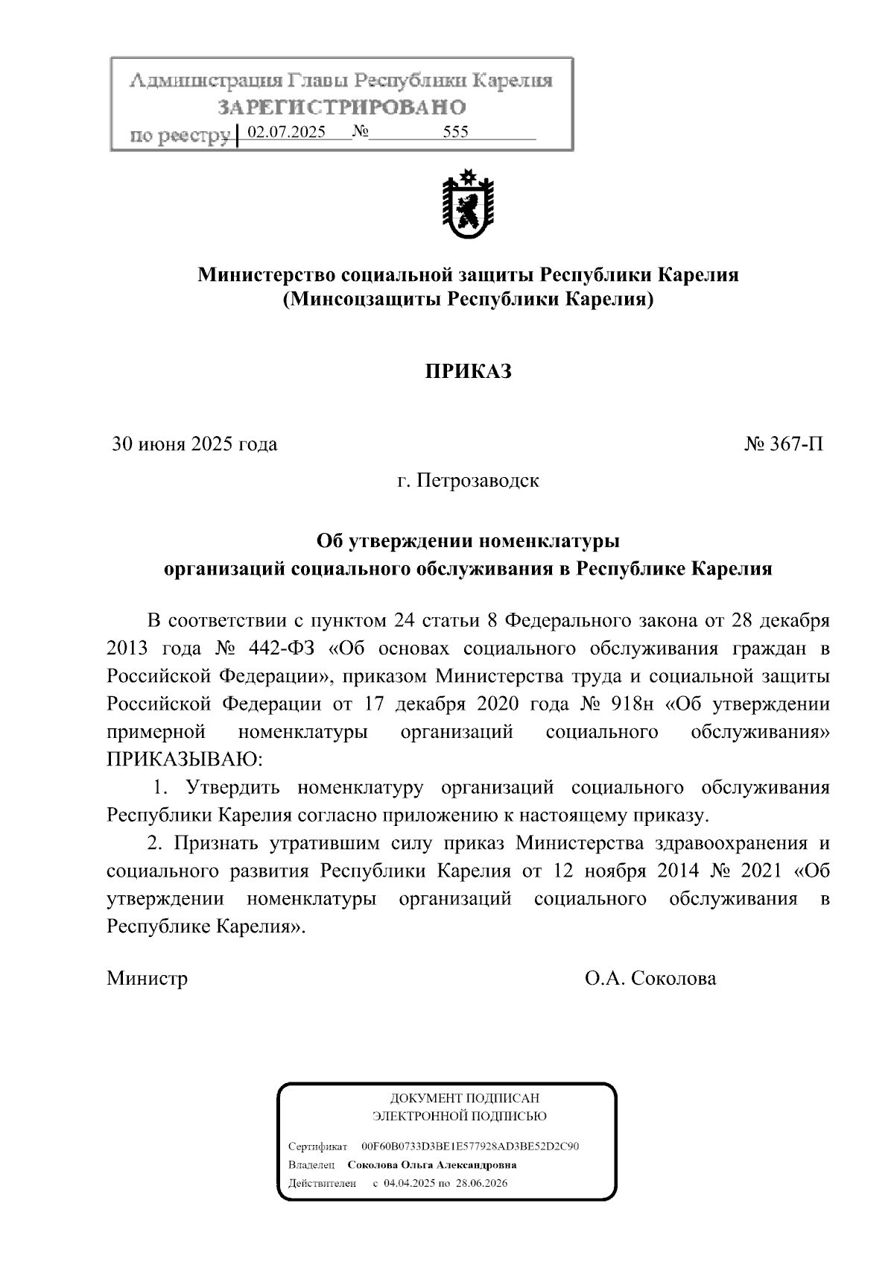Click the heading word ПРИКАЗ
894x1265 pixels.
(x=468, y=371)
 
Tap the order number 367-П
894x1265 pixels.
(x=784, y=444)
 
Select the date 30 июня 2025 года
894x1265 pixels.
(x=194, y=444)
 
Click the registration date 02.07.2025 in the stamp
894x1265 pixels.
(x=286, y=133)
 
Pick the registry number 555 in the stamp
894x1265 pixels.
(x=455, y=133)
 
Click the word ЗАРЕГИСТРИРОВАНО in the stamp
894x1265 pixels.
(x=342, y=108)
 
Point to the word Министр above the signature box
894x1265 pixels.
(x=147, y=978)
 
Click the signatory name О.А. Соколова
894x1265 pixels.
(x=650, y=978)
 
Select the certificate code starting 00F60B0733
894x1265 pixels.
(x=470, y=1146)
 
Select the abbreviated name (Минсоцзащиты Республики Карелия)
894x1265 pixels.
(x=468, y=300)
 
